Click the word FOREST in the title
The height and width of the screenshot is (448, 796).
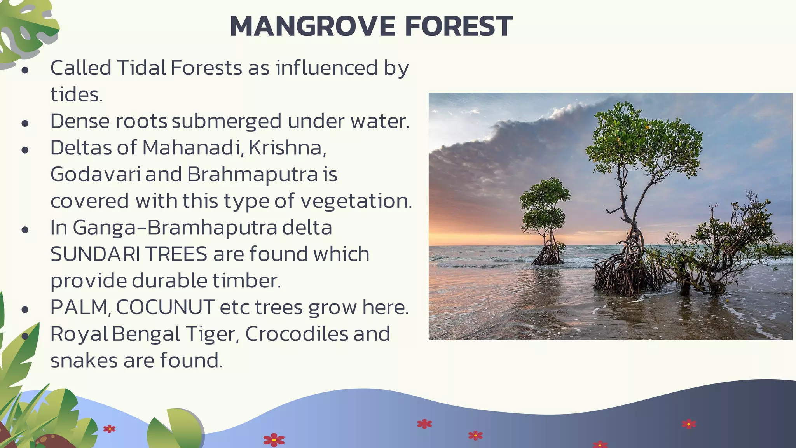tap(459, 26)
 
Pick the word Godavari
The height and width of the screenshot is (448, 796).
tap(95, 174)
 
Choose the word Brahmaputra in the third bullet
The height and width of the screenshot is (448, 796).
tap(253, 174)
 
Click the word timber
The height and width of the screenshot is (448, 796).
tap(246, 281)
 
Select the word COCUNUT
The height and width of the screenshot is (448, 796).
tap(165, 307)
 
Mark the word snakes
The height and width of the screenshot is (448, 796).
tap(84, 360)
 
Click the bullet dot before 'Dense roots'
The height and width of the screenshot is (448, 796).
tap(25, 124)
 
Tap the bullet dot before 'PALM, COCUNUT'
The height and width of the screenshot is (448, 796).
tap(25, 310)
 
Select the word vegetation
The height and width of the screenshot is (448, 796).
tap(356, 201)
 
